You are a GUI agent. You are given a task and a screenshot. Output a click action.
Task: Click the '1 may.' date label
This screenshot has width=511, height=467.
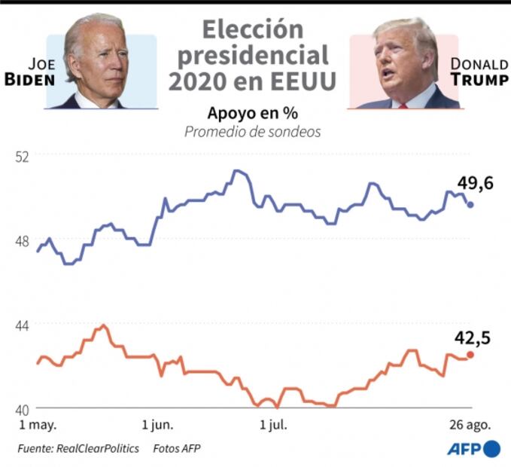(38, 425)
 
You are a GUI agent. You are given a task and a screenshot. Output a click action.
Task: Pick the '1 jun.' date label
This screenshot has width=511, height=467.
(157, 425)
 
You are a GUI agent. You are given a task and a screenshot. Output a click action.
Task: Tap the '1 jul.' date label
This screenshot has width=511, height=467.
(272, 425)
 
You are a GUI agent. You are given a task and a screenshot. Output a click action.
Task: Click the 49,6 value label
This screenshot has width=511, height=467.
(475, 182)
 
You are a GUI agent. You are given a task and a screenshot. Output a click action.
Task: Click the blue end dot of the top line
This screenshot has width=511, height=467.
(471, 204)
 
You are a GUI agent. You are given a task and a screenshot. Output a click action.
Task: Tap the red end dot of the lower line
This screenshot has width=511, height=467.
(471, 355)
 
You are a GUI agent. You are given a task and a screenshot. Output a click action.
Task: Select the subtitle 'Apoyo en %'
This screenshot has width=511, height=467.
(253, 113)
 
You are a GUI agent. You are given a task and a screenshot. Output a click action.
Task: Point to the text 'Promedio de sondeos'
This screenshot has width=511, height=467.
(253, 132)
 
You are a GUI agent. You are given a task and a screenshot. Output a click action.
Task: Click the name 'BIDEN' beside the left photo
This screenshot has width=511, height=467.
(31, 79)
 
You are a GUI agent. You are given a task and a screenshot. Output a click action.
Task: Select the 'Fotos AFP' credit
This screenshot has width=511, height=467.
(177, 448)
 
